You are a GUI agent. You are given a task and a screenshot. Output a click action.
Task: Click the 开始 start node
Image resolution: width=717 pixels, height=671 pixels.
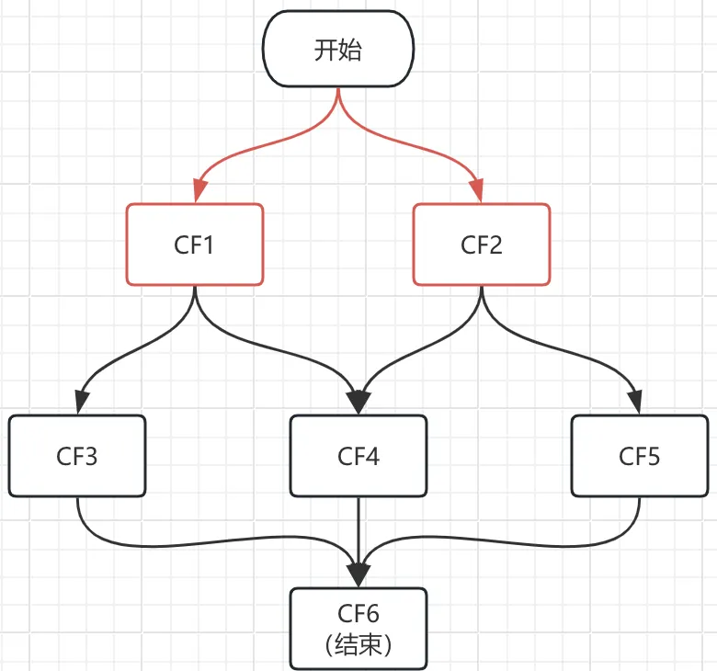click(338, 50)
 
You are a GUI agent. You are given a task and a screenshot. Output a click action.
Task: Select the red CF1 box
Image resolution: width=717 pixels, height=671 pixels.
click(195, 245)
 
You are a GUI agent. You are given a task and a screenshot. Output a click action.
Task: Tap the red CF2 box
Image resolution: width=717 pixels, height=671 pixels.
click(482, 245)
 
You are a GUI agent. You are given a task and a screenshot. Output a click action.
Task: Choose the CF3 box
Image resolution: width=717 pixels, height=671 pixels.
click(77, 456)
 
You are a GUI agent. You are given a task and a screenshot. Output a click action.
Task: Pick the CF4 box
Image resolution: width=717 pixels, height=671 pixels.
click(358, 456)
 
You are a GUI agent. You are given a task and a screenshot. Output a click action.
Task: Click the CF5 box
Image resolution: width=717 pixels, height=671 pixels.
click(640, 456)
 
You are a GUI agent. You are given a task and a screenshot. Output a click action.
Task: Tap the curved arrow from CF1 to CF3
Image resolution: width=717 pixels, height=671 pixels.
click(119, 354)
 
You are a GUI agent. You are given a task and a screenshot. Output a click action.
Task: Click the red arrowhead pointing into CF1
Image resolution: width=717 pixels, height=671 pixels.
click(196, 191)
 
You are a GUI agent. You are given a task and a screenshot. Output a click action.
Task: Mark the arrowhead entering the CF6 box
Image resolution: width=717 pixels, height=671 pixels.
click(358, 574)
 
